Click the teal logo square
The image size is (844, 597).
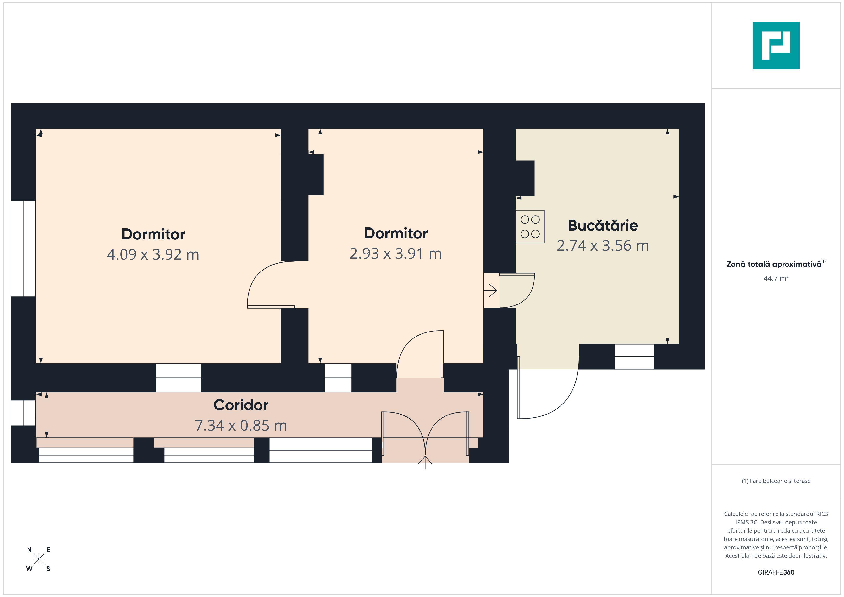click(x=776, y=46)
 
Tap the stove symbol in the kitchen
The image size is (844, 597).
click(x=530, y=227)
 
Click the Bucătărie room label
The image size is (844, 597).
click(x=603, y=225)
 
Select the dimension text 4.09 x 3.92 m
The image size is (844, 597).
click(x=153, y=254)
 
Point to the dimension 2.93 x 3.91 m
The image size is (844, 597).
click(x=395, y=254)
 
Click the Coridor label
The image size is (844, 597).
click(x=241, y=405)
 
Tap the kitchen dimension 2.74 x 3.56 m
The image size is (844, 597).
click(x=603, y=246)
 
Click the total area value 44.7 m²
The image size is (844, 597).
click(x=776, y=278)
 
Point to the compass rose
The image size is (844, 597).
click(x=39, y=559)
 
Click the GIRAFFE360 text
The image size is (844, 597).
click(x=776, y=572)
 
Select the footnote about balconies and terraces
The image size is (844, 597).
click(x=776, y=481)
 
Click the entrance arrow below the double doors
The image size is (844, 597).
click(x=425, y=462)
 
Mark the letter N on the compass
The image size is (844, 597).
click(x=29, y=550)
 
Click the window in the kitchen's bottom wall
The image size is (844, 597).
click(x=634, y=357)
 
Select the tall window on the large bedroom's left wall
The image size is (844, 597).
click(x=23, y=249)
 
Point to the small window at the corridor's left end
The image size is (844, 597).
click(x=23, y=413)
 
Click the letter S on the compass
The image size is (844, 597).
click(x=48, y=569)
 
